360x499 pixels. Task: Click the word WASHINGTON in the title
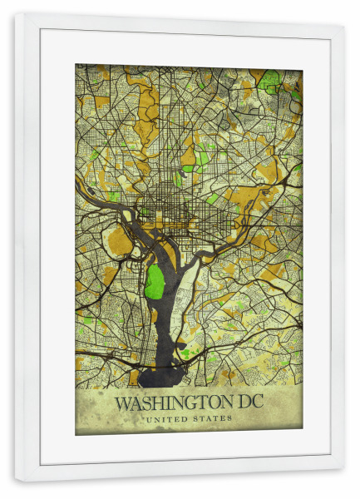coord(170,403)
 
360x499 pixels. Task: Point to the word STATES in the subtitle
coord(214,418)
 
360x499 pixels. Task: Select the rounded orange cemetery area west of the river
coord(120,241)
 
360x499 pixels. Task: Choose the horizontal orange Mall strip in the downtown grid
coord(170,223)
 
